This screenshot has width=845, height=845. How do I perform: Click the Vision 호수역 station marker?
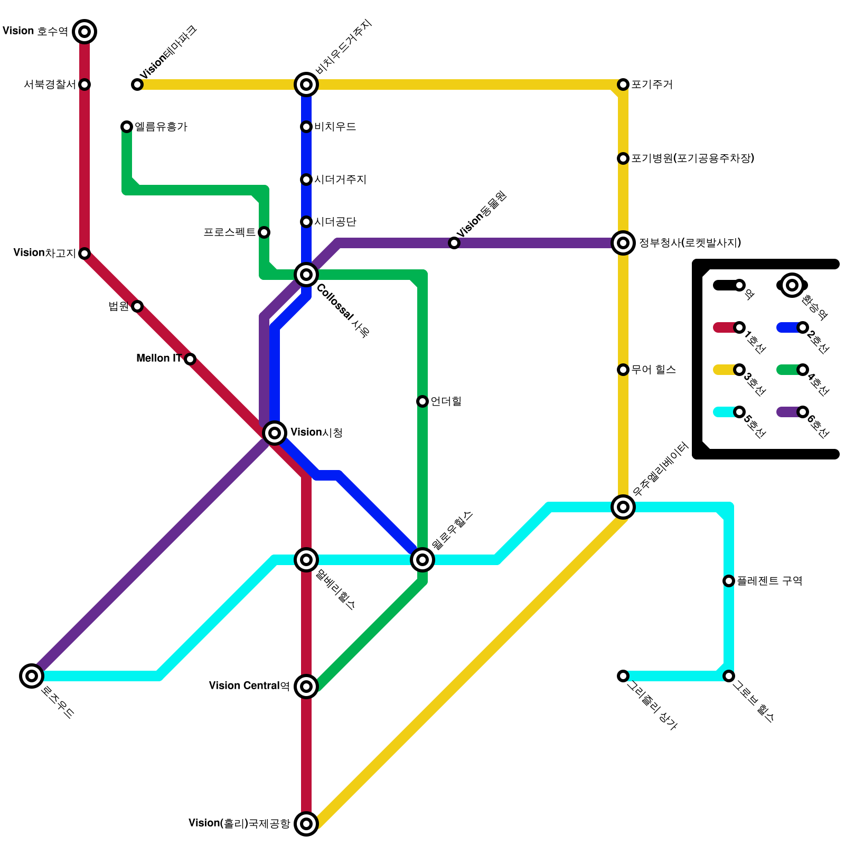84,32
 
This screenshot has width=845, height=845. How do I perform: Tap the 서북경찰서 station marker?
84,84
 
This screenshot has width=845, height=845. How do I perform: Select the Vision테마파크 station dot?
137,84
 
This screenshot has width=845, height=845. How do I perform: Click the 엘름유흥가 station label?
161,127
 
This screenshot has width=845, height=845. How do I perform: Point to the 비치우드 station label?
335,127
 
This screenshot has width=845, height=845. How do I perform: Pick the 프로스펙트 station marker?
264,232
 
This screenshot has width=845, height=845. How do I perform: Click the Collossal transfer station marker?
306,275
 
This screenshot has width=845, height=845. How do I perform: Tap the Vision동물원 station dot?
454,243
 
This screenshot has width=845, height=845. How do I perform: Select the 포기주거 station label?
652,84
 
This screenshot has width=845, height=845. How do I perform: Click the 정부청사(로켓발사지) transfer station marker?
623,243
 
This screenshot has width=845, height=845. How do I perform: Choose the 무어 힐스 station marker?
623,370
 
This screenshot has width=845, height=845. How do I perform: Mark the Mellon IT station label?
159,359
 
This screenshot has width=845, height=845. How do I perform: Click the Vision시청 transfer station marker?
275,433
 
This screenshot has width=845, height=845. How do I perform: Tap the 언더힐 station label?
446,401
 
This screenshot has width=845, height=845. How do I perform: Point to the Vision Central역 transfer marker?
306,687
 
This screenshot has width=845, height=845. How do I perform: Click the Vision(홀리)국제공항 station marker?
306,823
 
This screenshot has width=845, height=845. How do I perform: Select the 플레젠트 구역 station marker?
729,581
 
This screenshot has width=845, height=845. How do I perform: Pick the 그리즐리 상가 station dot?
623,676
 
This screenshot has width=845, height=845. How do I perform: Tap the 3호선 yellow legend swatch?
724,370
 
